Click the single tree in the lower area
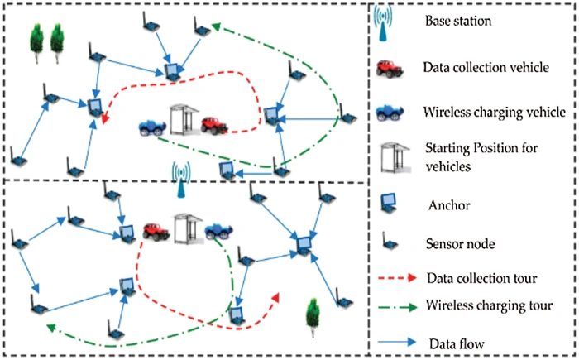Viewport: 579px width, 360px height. [312, 314]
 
